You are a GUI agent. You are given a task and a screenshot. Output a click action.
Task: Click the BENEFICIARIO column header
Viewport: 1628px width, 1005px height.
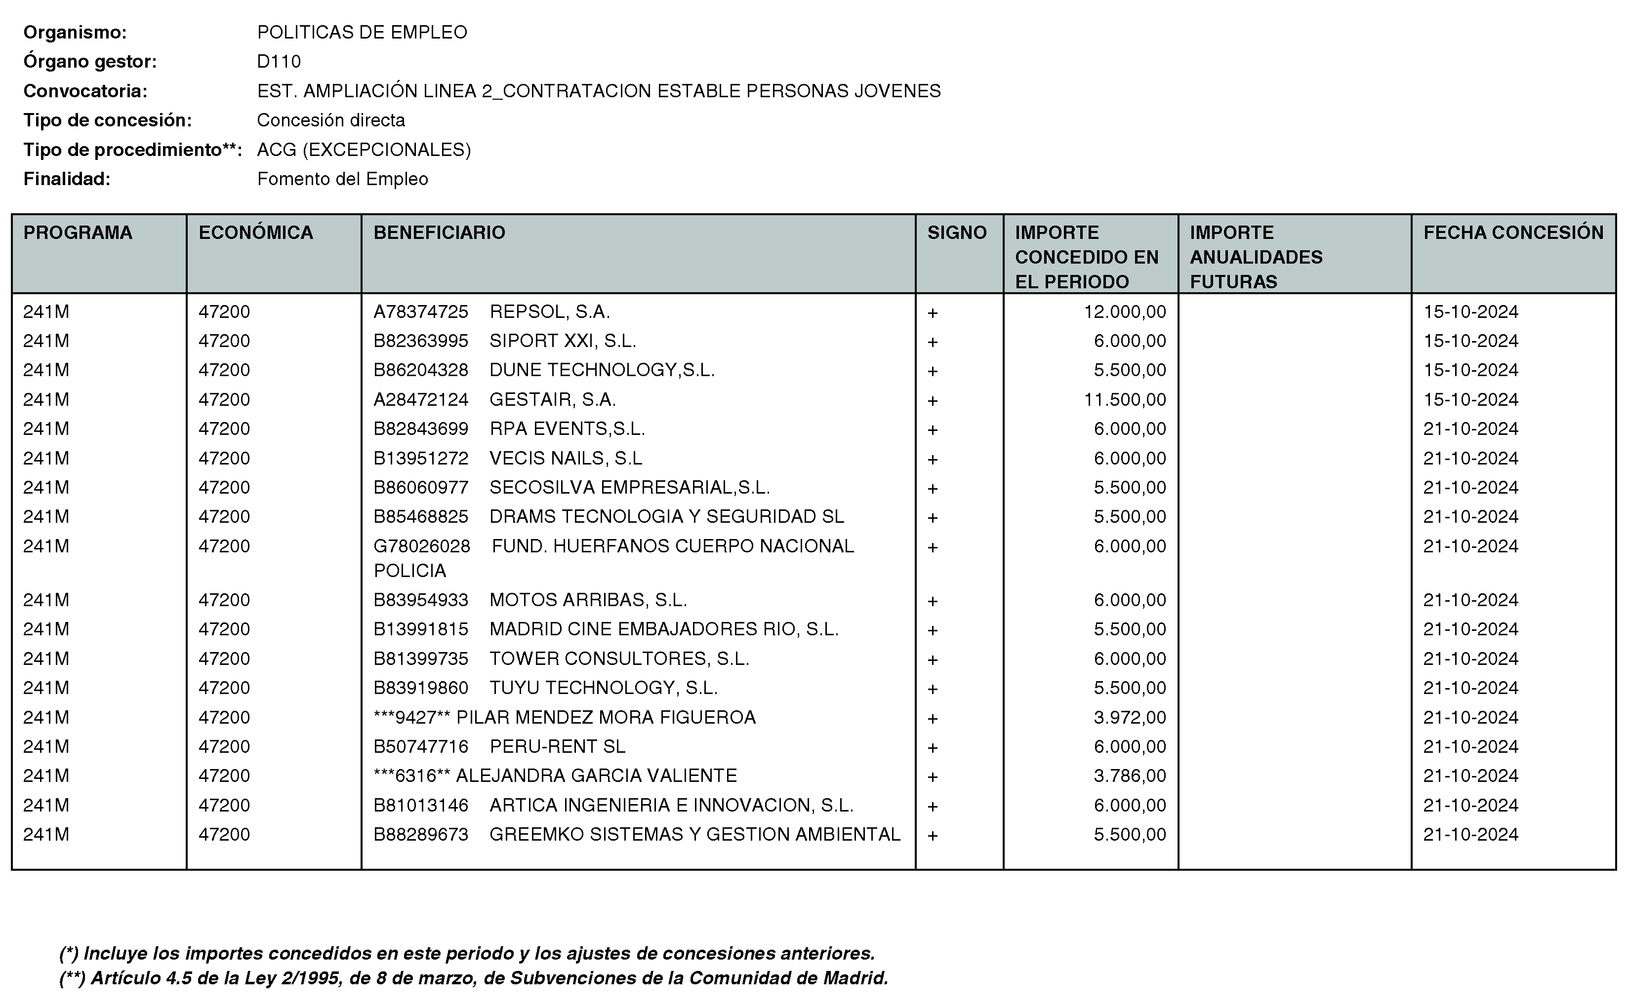click(439, 232)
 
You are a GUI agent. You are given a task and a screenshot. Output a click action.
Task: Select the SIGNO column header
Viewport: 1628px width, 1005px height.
click(956, 232)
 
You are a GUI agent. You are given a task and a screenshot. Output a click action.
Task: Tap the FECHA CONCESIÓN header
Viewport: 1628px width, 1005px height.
click(1513, 232)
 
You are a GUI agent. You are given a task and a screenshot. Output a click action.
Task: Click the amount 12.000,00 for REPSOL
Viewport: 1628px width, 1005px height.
click(1125, 312)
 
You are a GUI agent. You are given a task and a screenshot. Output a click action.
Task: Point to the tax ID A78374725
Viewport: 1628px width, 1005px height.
click(420, 312)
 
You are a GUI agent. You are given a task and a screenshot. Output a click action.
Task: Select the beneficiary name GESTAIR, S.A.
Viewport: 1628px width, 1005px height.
click(552, 399)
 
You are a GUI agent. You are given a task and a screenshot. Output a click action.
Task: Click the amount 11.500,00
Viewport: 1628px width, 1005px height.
click(1125, 399)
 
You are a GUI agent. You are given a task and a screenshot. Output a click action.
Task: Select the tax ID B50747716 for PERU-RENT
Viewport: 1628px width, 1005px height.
click(420, 746)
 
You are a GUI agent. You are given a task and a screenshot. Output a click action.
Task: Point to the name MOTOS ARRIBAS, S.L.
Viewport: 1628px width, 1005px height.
click(588, 600)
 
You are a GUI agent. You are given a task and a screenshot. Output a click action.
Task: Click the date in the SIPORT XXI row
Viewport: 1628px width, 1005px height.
click(1470, 341)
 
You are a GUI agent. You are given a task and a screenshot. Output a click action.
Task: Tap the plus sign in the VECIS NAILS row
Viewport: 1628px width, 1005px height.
click(933, 459)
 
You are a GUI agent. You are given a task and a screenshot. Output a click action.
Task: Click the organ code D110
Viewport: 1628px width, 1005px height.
click(279, 62)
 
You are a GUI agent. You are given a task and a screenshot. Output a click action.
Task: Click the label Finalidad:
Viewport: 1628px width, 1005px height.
click(67, 179)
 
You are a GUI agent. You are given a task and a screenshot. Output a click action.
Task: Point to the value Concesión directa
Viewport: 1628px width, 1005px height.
click(330, 120)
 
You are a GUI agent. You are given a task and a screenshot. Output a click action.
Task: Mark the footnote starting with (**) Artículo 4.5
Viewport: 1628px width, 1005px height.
click(474, 978)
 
